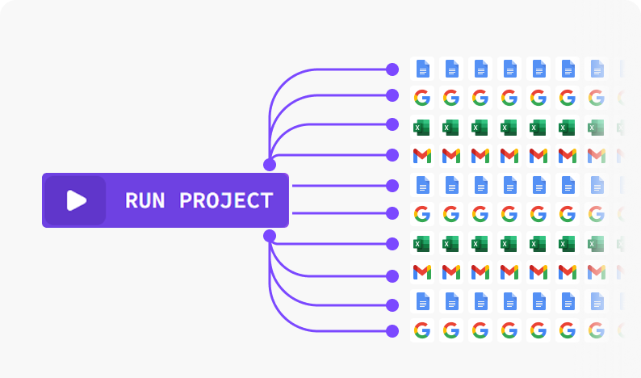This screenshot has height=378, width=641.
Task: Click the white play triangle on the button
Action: click(x=76, y=200)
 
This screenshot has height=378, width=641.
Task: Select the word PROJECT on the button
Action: click(x=226, y=200)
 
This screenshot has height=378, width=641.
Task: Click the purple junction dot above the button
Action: click(x=270, y=164)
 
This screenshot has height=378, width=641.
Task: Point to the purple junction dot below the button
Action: click(x=270, y=236)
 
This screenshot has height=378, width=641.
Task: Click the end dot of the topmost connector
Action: click(x=392, y=69)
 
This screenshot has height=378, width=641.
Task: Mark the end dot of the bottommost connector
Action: click(x=392, y=330)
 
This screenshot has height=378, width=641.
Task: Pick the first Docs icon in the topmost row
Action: click(x=422, y=69)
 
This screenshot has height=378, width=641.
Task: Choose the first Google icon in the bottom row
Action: click(x=422, y=330)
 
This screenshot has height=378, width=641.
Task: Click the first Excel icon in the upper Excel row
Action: click(x=422, y=127)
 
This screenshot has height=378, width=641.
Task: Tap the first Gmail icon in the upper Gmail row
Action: click(x=422, y=155)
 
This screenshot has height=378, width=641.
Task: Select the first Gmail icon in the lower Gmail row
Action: click(x=422, y=272)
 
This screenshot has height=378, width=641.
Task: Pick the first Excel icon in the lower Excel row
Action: click(x=422, y=243)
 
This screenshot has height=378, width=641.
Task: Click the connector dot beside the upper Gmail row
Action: click(x=392, y=154)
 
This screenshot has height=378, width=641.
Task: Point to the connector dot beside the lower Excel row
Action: click(x=392, y=243)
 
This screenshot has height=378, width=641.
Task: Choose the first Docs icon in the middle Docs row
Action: click(x=422, y=185)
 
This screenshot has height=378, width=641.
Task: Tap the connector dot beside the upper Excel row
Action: click(x=392, y=124)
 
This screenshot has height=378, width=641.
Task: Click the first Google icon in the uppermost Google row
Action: click(x=422, y=98)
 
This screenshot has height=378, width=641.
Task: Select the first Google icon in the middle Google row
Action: click(x=422, y=214)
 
